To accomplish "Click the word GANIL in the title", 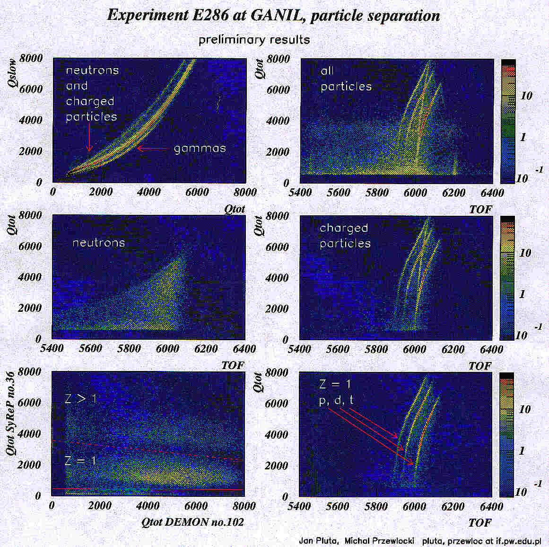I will tap(276, 15).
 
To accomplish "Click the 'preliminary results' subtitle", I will tap(254, 39).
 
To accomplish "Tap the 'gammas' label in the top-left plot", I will tap(200, 149).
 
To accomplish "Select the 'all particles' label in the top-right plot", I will tap(346, 79).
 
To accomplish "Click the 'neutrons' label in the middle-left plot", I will tap(98, 243).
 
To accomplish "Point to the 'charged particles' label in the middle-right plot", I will tap(345, 235).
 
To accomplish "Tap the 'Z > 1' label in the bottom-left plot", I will tap(80, 399).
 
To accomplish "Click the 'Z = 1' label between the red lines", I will tap(80, 460).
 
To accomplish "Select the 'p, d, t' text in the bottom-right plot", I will tap(336, 400).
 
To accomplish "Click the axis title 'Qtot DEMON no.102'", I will tap(192, 522).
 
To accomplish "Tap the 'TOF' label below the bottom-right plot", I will tap(479, 523).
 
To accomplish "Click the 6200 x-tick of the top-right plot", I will tap(453, 193).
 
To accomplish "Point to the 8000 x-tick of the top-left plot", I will tap(245, 192).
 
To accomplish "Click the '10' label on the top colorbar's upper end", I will tap(526, 96).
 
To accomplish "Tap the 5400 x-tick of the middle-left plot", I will tap(52, 349).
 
